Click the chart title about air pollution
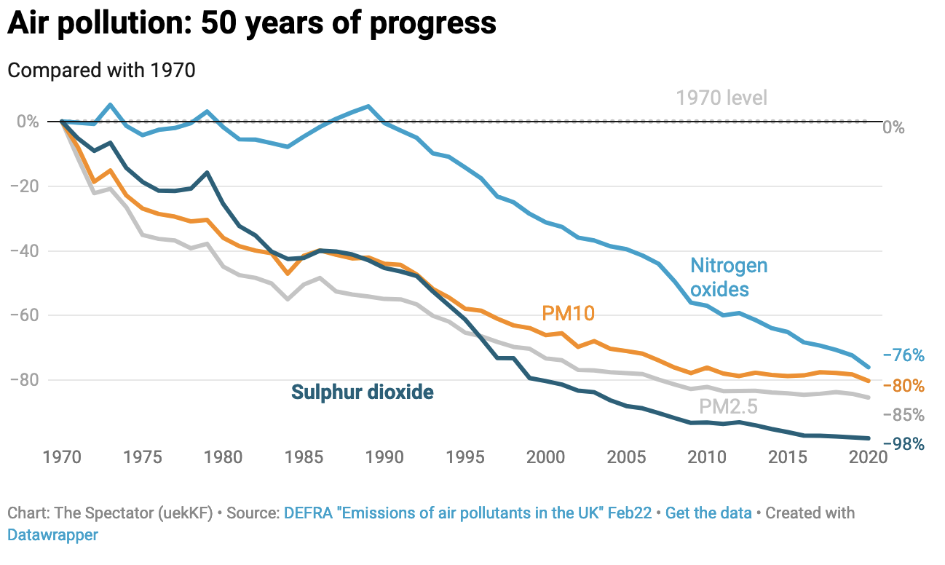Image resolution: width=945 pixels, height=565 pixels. click(252, 24)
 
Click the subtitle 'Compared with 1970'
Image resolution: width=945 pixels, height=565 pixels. click(101, 71)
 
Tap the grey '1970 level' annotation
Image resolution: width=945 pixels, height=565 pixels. click(721, 98)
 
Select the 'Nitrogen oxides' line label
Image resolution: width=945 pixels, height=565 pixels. click(729, 277)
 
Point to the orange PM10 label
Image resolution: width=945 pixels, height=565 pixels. click(568, 313)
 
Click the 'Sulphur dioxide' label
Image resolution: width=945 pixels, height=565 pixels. click(362, 392)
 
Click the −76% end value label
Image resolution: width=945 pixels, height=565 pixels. click(904, 355)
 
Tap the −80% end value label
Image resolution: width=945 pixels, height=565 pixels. click(904, 385)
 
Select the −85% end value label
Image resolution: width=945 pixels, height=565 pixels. click(904, 415)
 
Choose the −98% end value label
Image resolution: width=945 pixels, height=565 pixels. click(904, 444)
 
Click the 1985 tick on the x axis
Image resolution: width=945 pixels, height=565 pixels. click(304, 457)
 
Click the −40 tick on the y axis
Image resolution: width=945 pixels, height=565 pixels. click(28, 250)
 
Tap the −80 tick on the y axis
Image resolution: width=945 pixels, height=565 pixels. click(28, 380)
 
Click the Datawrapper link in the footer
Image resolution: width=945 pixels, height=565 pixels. click(52, 534)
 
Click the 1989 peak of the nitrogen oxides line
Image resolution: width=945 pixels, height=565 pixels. click(368, 106)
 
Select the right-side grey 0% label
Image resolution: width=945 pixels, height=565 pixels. click(893, 127)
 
